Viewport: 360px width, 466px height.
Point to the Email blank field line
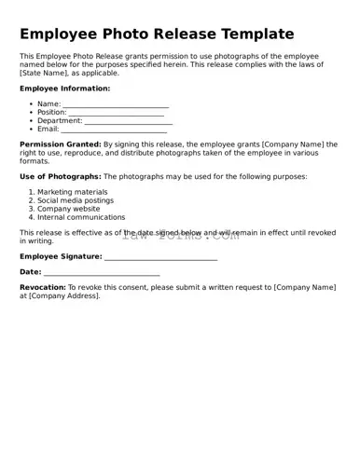coord(115,130)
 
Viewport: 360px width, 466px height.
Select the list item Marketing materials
coord(72,192)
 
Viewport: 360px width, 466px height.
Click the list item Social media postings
coord(76,200)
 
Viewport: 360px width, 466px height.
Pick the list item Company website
coord(68,209)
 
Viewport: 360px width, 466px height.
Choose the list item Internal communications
coord(81,217)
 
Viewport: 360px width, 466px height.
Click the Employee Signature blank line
coord(160,256)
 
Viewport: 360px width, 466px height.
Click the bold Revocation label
coord(43,287)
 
